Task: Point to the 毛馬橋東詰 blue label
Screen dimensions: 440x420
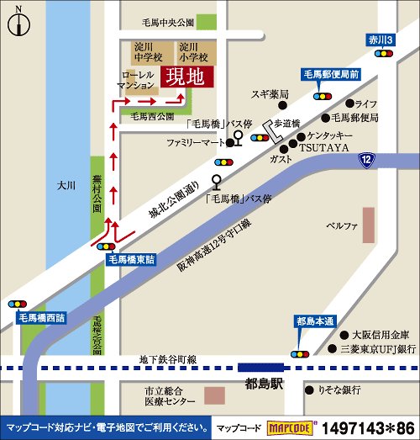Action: click(131, 261)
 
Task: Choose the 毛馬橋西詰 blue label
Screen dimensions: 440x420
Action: click(42, 318)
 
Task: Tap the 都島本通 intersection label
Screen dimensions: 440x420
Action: click(315, 321)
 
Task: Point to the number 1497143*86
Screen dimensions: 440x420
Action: click(368, 427)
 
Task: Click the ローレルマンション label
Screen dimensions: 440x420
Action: click(135, 80)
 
